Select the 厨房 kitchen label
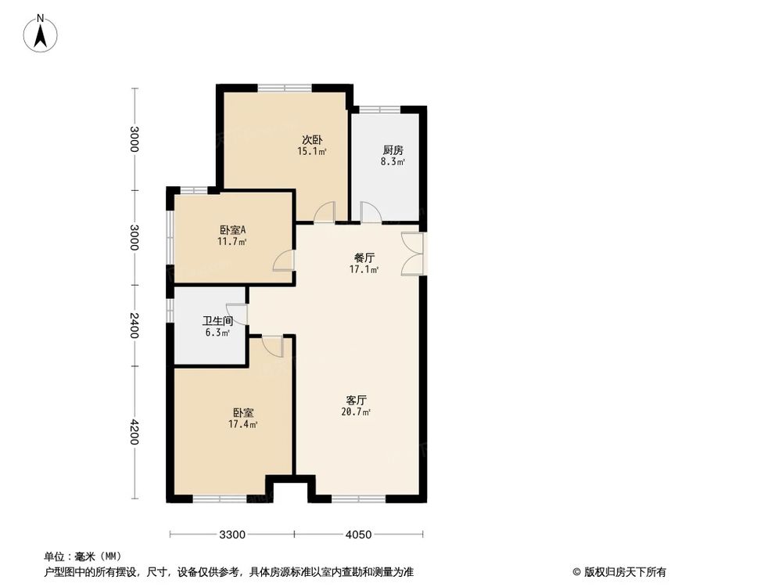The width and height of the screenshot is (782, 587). click(x=393, y=150)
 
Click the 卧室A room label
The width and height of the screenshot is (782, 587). click(x=233, y=230)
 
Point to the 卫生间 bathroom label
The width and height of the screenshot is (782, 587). click(x=217, y=321)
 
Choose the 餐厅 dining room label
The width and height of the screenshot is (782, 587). click(x=364, y=257)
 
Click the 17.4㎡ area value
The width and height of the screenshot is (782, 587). click(x=243, y=424)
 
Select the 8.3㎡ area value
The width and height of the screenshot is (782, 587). click(x=393, y=162)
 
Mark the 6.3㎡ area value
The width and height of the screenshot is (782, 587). click(x=217, y=333)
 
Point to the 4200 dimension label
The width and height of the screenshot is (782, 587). click(x=135, y=432)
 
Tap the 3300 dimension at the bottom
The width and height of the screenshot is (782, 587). click(x=232, y=535)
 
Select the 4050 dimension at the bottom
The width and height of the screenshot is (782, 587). click(x=358, y=535)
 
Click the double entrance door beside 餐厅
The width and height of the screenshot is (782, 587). click(x=413, y=254)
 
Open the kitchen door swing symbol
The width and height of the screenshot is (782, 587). click(x=370, y=213)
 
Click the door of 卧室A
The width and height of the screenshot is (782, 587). click(x=284, y=260)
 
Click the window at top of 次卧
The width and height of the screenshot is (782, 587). click(x=285, y=87)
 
